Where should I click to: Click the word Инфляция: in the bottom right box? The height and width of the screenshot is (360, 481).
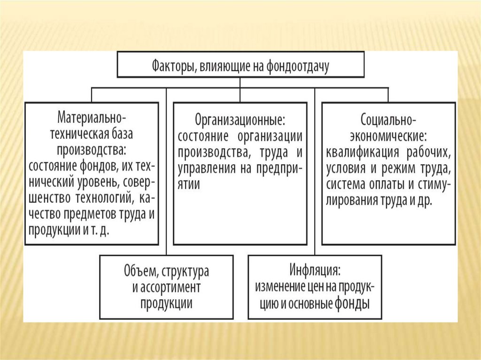pos(315,271)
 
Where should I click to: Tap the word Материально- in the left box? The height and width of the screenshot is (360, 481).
pos(91,115)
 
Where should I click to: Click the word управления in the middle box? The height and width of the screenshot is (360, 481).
pos(203,169)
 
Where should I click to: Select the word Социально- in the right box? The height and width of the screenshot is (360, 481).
pos(388,120)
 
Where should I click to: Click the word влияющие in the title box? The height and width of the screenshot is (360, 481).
pos(219,65)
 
